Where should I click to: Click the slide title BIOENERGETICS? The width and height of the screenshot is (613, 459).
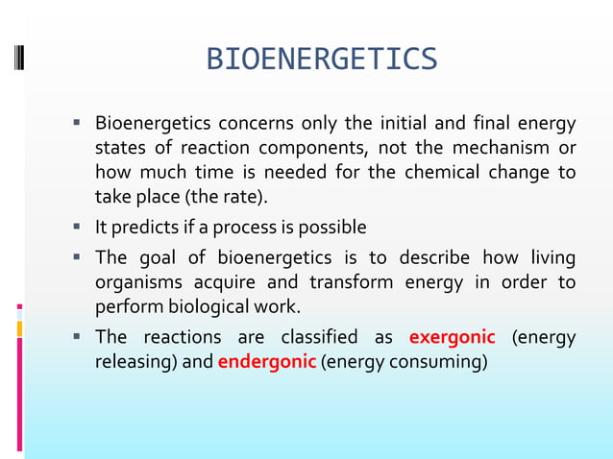coord(322,60)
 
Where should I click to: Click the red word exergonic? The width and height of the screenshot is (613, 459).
coord(453,338)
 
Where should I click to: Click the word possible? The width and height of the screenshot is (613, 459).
coord(332,229)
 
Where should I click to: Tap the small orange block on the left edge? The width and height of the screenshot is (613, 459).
coord(20,329)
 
